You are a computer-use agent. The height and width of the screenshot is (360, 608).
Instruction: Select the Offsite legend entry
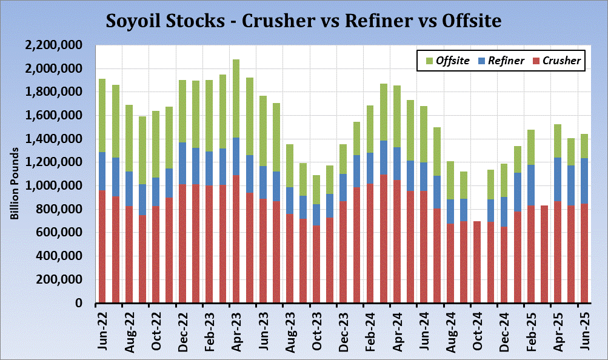pos(449,60)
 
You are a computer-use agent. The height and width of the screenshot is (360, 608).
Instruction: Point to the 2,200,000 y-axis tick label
pos(56,45)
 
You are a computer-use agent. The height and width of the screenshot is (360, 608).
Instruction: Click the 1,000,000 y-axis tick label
pos(56,186)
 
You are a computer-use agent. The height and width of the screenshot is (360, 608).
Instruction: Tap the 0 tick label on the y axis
pos(85,303)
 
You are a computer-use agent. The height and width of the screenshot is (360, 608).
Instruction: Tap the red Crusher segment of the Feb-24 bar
pos(370,243)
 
